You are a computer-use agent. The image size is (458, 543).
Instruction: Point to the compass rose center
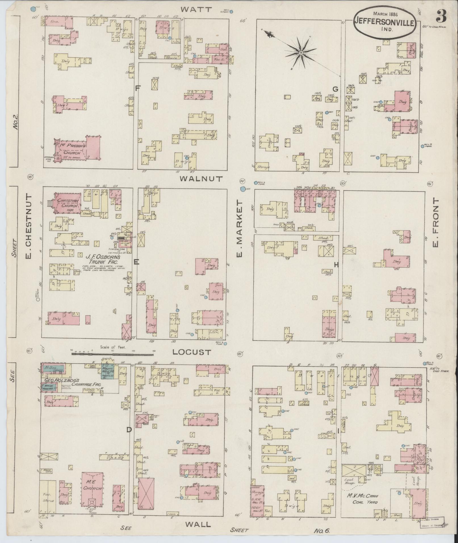[300, 53]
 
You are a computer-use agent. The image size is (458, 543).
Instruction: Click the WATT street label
[196, 9]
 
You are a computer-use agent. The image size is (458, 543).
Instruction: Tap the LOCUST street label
[192, 352]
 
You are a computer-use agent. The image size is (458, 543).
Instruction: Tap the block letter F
[138, 89]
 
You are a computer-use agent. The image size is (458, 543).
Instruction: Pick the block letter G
[335, 89]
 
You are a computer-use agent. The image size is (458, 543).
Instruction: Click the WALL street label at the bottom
[198, 524]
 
